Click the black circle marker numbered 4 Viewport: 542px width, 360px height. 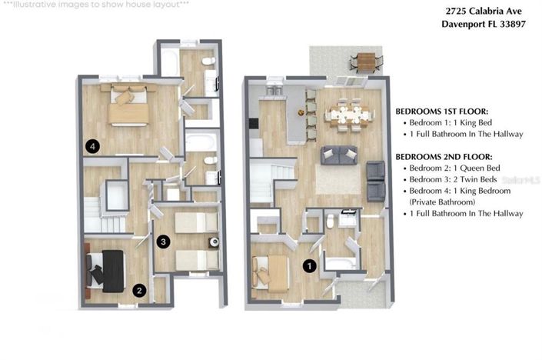92,145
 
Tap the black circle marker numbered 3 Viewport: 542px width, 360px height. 163,242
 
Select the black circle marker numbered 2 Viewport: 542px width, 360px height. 139,290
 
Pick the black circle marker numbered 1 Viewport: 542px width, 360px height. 310,265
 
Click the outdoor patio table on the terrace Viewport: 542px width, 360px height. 367,60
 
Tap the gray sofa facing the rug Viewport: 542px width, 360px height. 338,155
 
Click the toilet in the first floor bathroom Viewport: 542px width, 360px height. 331,222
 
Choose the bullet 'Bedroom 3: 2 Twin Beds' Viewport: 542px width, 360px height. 455,179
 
